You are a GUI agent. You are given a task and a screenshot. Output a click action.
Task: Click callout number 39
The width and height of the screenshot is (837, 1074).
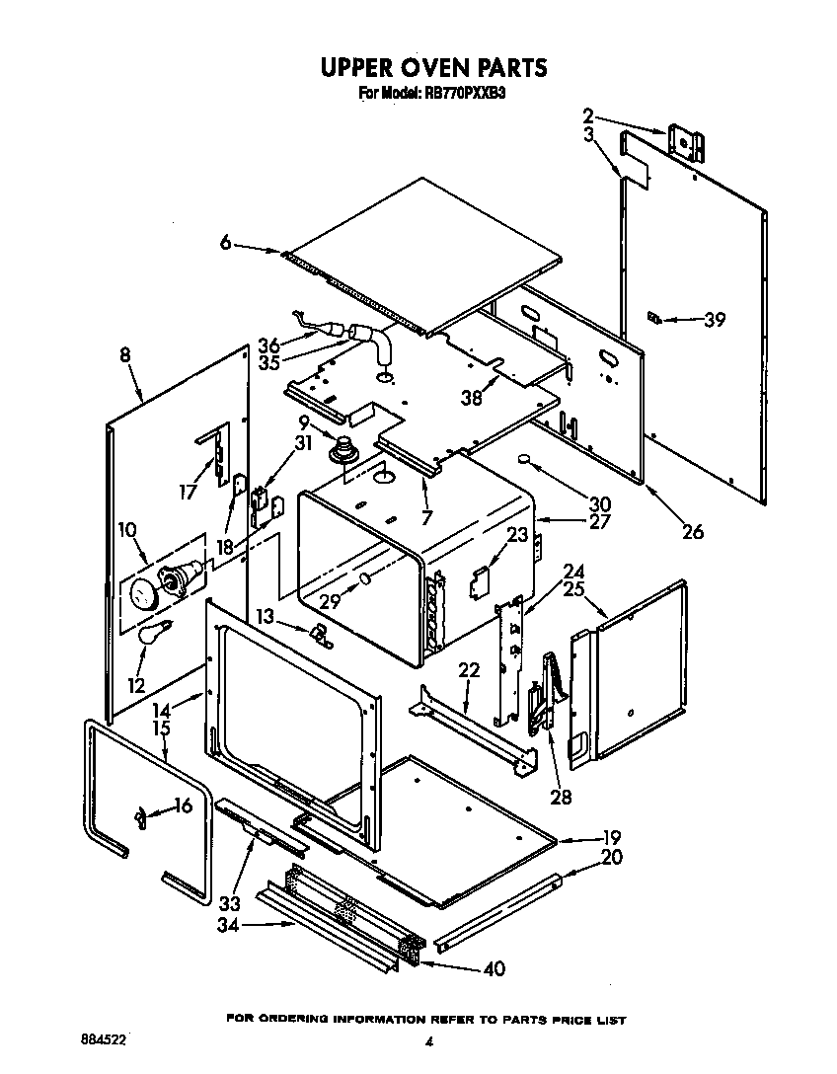point(714,319)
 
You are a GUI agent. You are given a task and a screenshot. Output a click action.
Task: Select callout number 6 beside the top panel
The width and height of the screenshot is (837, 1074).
point(226,243)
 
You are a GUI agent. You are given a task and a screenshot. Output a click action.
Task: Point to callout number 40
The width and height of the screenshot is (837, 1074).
point(493,968)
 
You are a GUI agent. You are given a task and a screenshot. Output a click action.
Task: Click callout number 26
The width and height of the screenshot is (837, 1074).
point(693,532)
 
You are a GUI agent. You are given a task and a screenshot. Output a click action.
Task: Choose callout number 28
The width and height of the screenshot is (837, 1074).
point(561,797)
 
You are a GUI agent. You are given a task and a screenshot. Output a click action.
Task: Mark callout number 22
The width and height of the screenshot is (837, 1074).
point(469,670)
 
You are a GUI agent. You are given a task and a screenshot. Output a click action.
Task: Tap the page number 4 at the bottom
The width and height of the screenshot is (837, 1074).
point(429,1041)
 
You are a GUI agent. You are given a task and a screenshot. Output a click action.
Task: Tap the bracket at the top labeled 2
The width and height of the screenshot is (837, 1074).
point(687,141)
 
